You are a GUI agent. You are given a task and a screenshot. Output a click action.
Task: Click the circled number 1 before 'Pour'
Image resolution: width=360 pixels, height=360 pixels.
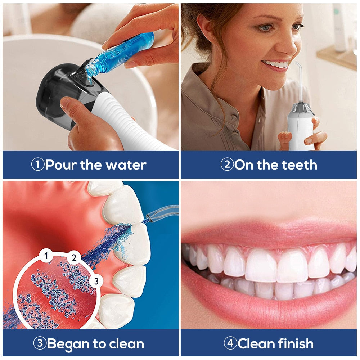click(x=37, y=165)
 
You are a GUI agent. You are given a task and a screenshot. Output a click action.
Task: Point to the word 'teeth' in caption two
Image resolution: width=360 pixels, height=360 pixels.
click(x=297, y=165)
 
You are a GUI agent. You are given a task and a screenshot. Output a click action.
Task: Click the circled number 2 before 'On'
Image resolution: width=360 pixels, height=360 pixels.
click(x=227, y=165)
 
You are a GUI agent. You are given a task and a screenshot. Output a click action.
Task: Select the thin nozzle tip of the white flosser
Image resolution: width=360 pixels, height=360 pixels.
click(x=297, y=67)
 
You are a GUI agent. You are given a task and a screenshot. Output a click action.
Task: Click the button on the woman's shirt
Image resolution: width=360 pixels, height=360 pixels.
click(x=233, y=118)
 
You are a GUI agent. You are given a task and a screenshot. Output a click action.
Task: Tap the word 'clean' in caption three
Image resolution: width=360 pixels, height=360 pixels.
click(x=125, y=343)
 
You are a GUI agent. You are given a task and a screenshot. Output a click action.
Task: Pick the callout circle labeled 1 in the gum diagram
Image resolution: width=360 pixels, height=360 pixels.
click(x=46, y=256)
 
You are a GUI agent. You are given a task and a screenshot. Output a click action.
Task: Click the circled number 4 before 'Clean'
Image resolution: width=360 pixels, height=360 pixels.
click(x=230, y=343)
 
